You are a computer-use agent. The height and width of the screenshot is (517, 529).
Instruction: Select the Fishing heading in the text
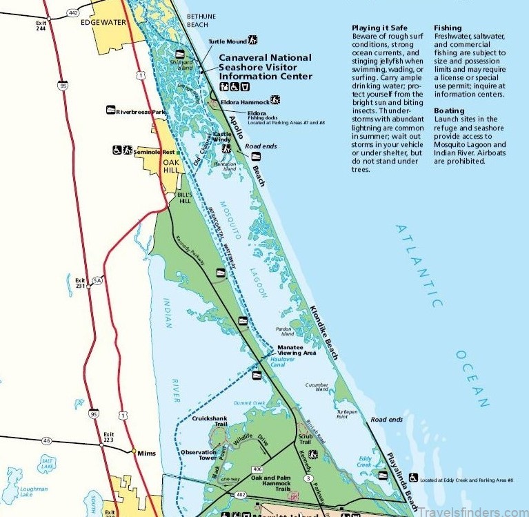(x=448, y=28)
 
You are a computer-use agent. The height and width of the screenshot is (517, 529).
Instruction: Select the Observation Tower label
(x=198, y=456)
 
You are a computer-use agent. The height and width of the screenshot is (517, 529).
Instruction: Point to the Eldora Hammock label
(x=242, y=101)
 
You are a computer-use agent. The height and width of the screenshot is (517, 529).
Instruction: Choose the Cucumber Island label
(x=318, y=388)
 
